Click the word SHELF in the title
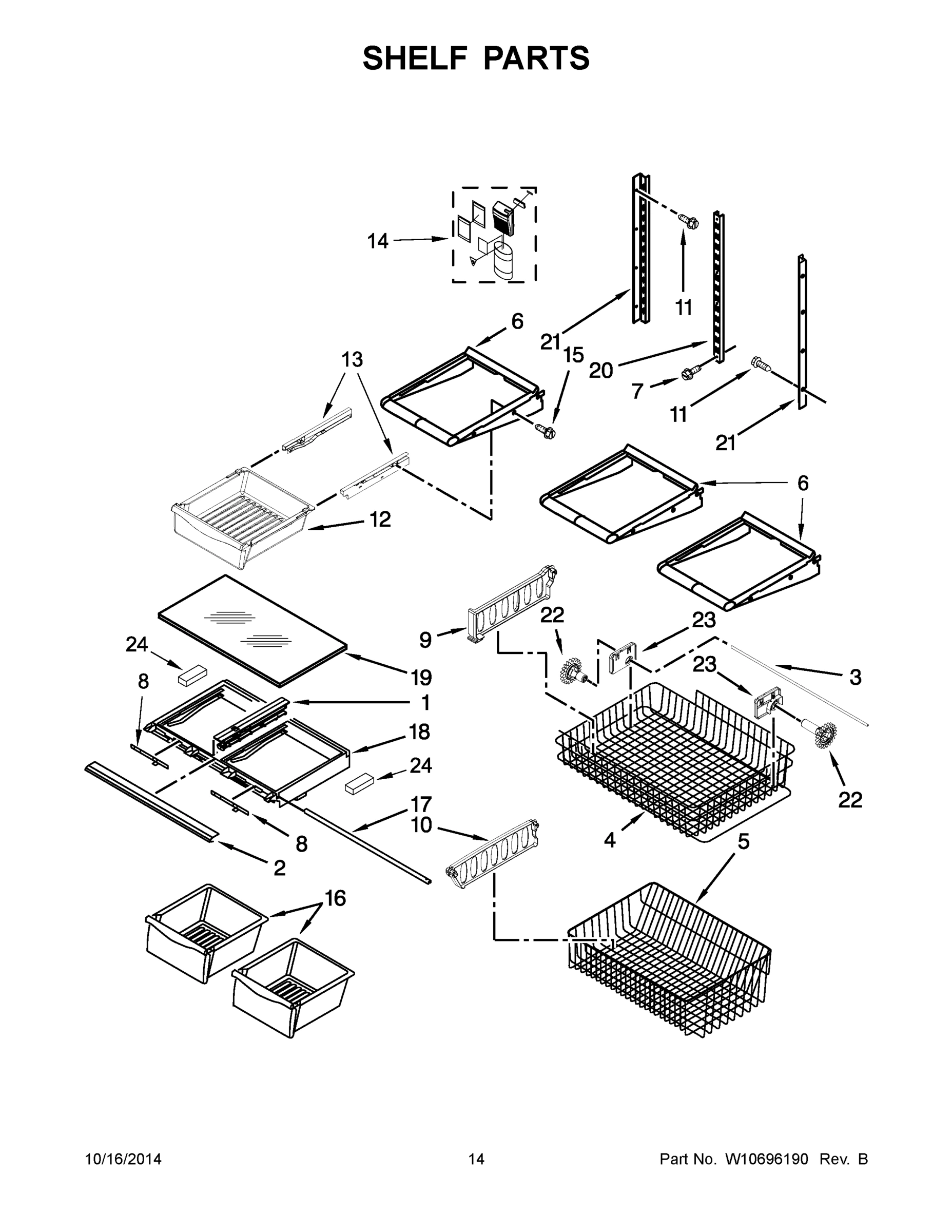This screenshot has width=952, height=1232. click(x=415, y=58)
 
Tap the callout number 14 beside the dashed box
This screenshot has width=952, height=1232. click(x=378, y=241)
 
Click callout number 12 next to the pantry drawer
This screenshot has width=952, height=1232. click(x=381, y=519)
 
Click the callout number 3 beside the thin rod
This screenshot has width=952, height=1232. click(x=855, y=677)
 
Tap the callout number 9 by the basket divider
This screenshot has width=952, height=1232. click(x=426, y=640)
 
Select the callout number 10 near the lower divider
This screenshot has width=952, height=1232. click(x=421, y=825)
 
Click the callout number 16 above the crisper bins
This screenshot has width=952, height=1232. click(x=335, y=897)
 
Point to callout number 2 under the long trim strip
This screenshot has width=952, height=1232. click(x=280, y=868)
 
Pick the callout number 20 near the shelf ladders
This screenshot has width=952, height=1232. click(x=600, y=371)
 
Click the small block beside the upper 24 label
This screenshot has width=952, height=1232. click(x=192, y=677)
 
